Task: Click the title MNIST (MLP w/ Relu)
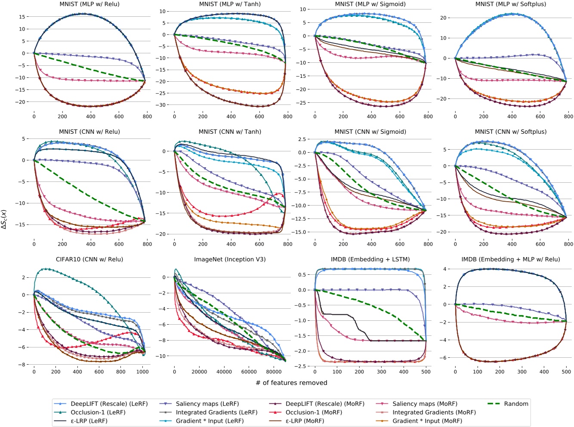click(89, 4)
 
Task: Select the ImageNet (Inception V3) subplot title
click(230, 259)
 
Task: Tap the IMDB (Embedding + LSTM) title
click(370, 259)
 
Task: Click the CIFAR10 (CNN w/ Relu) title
click(89, 259)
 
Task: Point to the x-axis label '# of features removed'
click(291, 383)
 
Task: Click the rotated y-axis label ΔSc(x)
click(4, 219)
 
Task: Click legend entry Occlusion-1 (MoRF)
click(314, 412)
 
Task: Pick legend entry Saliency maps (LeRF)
click(207, 404)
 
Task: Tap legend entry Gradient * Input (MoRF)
click(427, 421)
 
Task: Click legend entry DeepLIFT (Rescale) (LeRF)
click(109, 404)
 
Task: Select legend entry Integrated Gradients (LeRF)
click(216, 412)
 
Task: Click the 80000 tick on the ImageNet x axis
click(274, 372)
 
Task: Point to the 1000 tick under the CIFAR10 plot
click(142, 372)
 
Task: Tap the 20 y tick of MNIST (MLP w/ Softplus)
click(443, 18)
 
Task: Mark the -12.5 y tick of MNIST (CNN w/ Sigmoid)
click(301, 219)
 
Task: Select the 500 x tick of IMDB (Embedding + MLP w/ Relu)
click(566, 372)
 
